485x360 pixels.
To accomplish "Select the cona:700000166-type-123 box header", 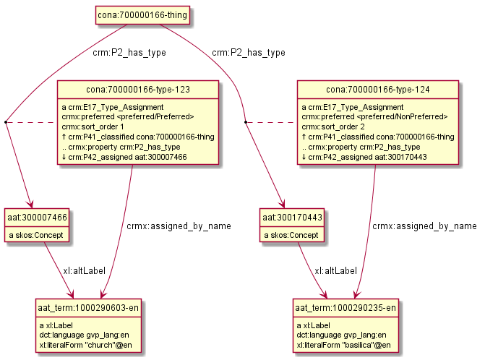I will [x=138, y=90].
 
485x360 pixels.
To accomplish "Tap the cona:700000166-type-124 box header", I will [x=378, y=90].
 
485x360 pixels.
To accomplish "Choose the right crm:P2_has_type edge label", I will [x=249, y=52].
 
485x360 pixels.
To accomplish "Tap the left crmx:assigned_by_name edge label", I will [x=178, y=226].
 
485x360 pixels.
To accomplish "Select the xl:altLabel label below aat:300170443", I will [x=335, y=270].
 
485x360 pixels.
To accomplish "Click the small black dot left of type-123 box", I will [x=6, y=123].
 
